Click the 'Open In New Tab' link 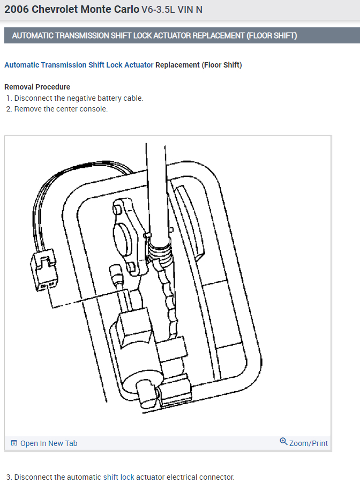[48, 443]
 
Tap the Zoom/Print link [308, 443]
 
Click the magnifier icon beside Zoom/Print [283, 442]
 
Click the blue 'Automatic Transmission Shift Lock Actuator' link [79, 65]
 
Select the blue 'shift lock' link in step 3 [118, 477]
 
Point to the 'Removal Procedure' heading [37, 87]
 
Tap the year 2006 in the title [16, 9]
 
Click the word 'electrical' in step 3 [182, 477]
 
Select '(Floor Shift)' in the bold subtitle [222, 65]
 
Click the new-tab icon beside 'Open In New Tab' [14, 443]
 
